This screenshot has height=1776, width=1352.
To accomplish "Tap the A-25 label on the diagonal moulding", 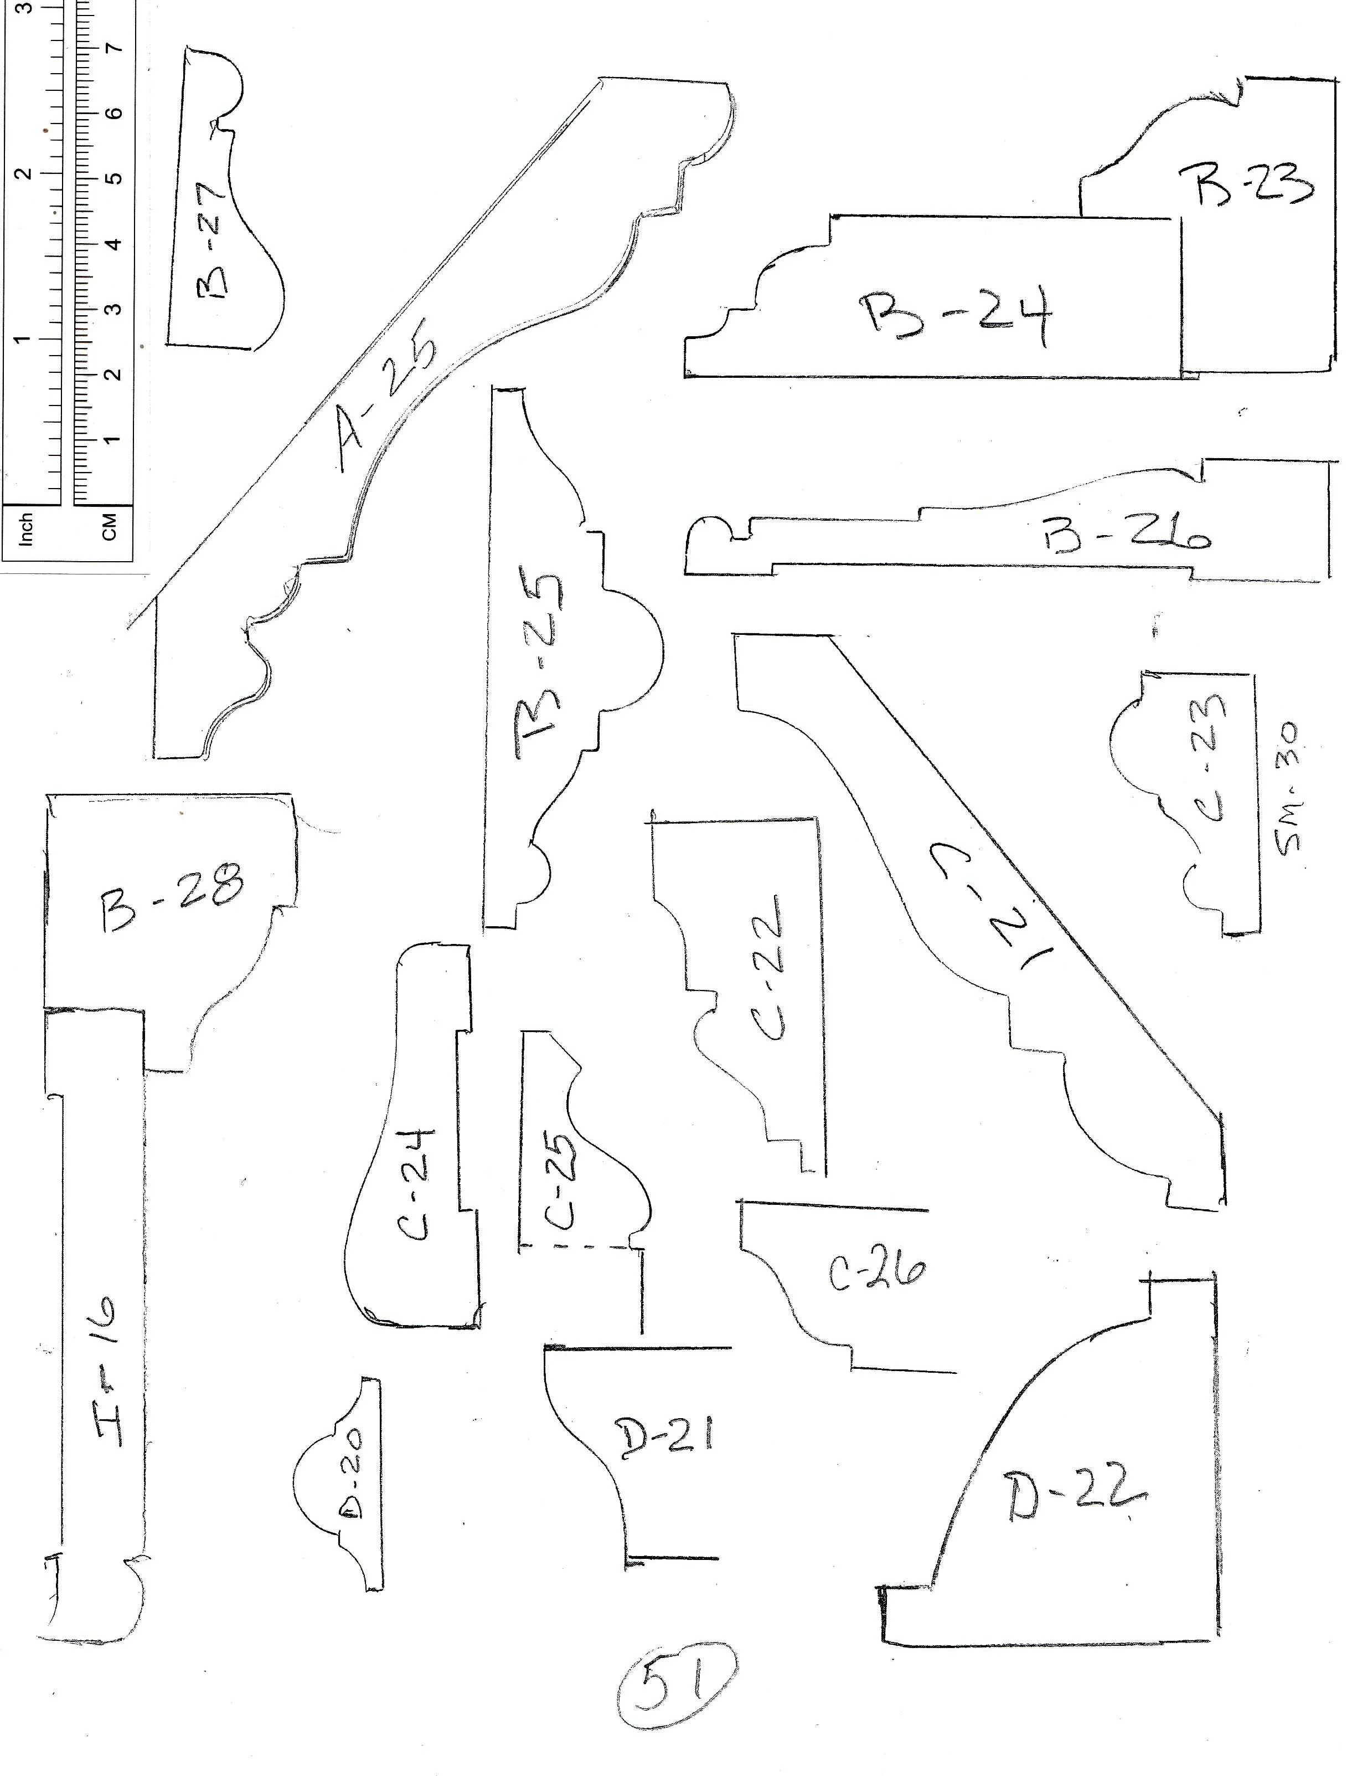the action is (385, 403).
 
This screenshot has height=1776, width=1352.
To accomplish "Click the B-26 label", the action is (1127, 532).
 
